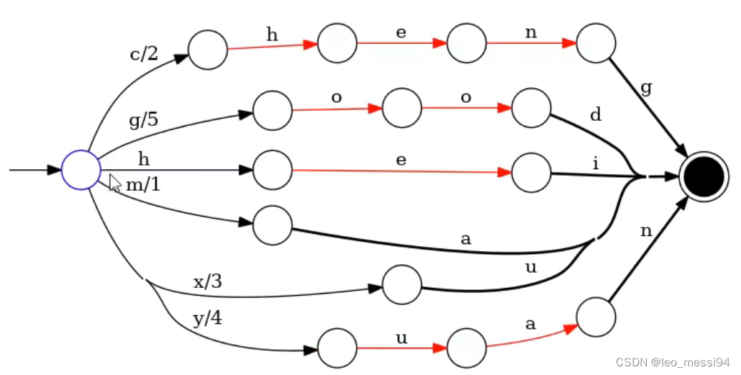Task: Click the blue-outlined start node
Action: point(81,170)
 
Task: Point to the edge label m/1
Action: point(143,185)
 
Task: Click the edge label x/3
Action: point(207,281)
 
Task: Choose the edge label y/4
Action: point(207,318)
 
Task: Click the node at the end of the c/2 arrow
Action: point(207,50)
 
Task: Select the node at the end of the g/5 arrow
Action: point(272,111)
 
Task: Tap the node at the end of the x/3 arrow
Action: point(401,284)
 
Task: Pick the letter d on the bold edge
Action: point(596,115)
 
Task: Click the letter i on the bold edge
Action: point(596,163)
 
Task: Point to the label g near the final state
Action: point(646,89)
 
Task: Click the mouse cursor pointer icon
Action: point(114,183)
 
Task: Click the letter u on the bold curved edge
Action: point(531,268)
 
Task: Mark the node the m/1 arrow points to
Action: point(272,225)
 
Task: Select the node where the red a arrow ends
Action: point(596,317)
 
